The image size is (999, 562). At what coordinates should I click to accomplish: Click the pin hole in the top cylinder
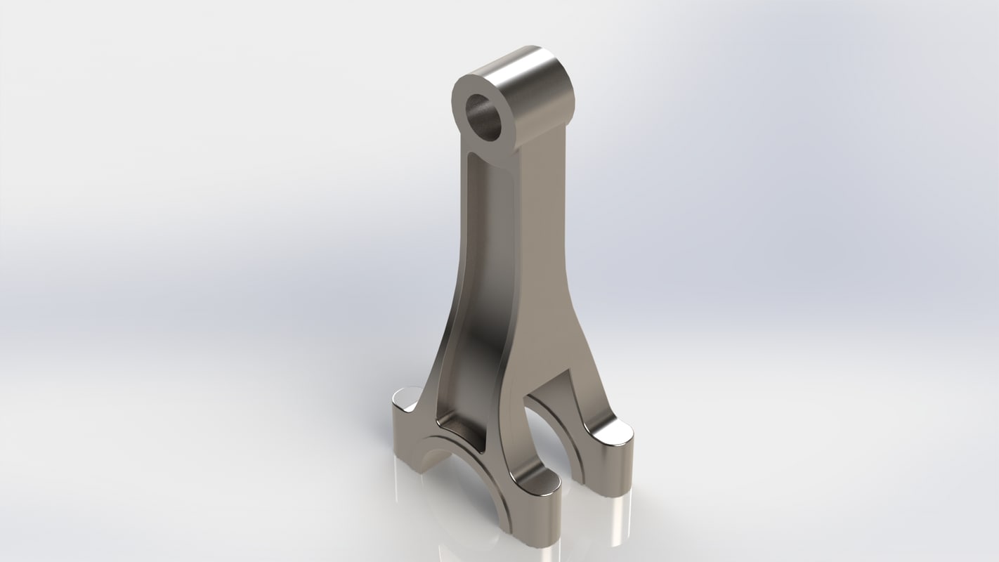(x=484, y=117)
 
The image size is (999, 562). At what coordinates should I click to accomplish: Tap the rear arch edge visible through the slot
(x=555, y=421)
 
